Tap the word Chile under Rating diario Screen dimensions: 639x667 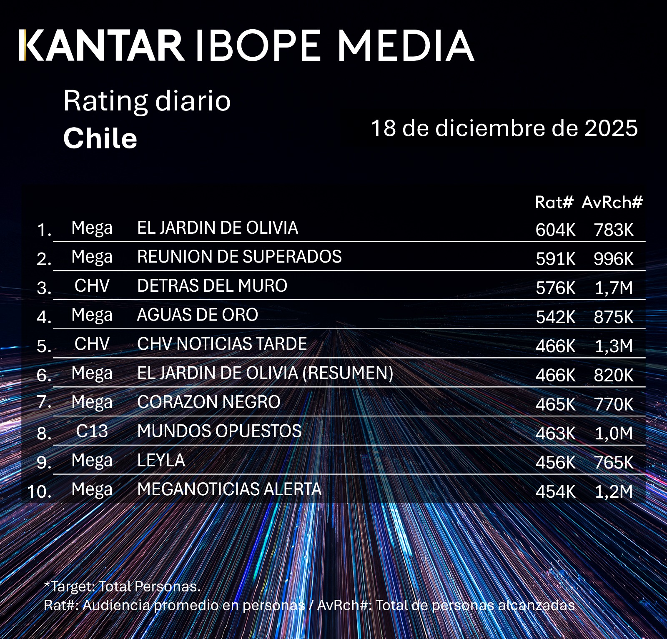100,138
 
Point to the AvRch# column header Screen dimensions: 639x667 612,202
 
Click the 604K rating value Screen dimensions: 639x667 555,230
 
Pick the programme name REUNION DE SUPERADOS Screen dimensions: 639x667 239,257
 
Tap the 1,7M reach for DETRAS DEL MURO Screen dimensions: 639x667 614,288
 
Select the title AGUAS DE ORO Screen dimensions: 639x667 198,315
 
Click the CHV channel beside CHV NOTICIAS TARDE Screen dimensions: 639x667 92,344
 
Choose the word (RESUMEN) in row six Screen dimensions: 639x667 348,373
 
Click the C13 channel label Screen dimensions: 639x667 92,431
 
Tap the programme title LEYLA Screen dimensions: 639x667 161,460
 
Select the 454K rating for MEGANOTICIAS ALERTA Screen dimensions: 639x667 555,491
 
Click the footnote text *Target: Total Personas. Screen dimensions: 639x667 122,586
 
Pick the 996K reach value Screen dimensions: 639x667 614,259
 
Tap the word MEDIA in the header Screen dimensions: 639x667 405,45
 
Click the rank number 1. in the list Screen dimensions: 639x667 44,230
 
